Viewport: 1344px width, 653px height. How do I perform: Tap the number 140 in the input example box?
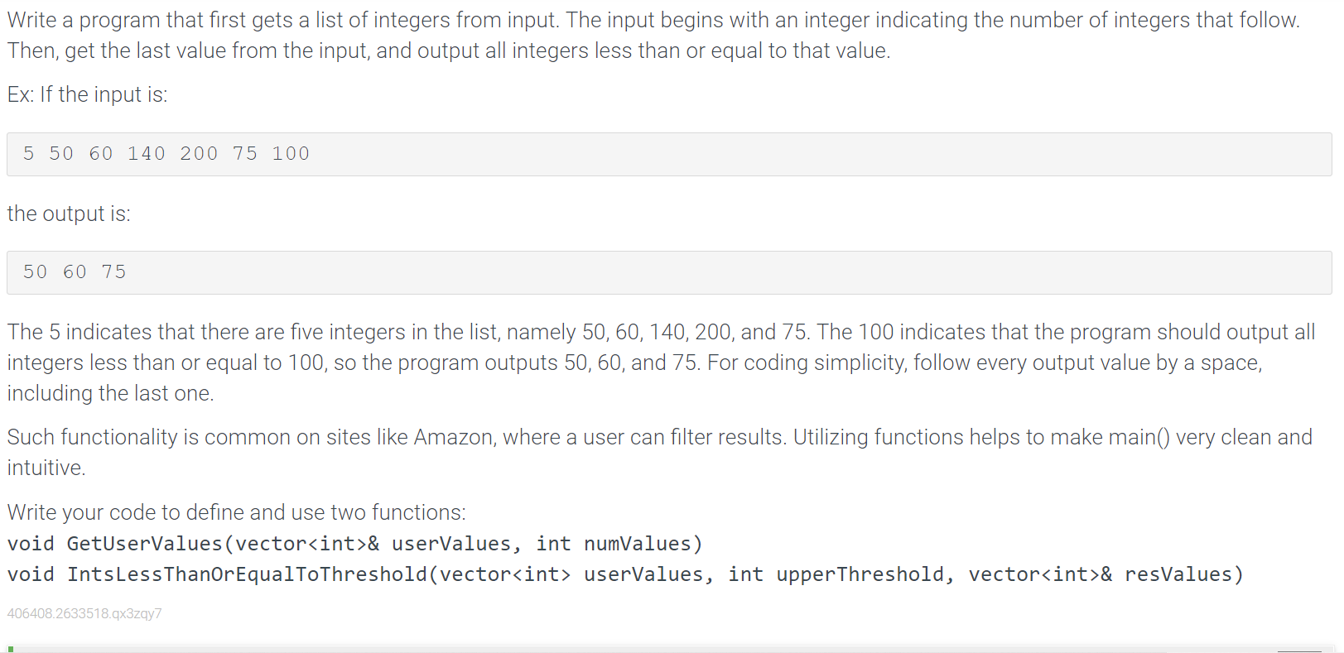147,154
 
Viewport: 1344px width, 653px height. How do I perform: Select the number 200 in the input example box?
199,154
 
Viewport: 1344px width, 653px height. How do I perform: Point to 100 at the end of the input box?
291,154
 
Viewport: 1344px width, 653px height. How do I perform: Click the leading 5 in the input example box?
29,154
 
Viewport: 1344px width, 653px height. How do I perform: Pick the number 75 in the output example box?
114,272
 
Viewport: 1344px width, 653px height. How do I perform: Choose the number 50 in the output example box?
36,272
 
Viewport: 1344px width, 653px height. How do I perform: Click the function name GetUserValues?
145,544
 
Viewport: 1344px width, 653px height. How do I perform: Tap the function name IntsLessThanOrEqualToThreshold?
247,574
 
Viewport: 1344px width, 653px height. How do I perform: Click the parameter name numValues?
638,544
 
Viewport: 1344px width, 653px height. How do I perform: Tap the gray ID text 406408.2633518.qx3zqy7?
84,613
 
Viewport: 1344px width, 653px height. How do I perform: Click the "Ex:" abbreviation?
21,95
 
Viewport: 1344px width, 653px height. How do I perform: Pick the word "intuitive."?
46,468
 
